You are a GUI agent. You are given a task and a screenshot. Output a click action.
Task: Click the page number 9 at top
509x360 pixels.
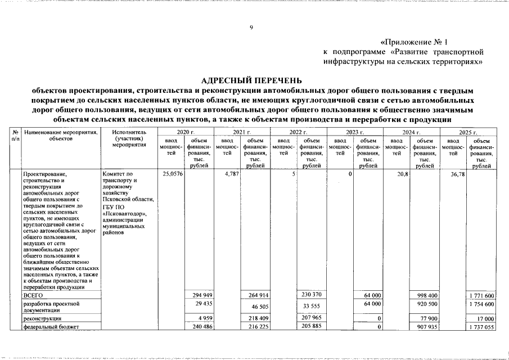pyautogui.click(x=251, y=28)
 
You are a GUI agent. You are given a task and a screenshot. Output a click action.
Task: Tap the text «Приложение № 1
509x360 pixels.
pyautogui.click(x=415, y=42)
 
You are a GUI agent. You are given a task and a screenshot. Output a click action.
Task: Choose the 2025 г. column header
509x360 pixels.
pyautogui.click(x=468, y=131)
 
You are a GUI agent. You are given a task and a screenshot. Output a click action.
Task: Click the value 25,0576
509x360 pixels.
pyautogui.click(x=172, y=174)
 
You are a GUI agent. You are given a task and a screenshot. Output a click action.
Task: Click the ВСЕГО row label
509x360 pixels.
pyautogui.click(x=33, y=295)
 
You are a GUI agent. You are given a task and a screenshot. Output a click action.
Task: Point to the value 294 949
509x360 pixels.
pyautogui.click(x=199, y=295)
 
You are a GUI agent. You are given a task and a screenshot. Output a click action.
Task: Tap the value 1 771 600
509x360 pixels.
pyautogui.click(x=481, y=296)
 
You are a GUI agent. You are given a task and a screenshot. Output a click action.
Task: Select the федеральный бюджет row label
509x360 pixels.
pyautogui.click(x=51, y=326)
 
